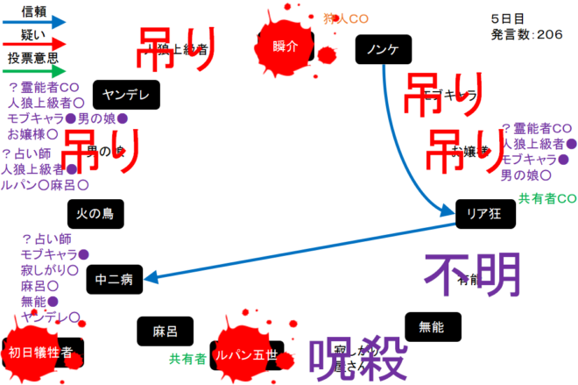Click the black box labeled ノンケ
point(384,50)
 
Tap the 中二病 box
point(115,281)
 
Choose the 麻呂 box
point(165,331)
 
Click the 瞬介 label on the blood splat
point(286,46)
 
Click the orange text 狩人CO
point(346,18)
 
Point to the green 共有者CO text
point(546,197)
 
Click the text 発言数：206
point(527,33)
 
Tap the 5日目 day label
point(509,17)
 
